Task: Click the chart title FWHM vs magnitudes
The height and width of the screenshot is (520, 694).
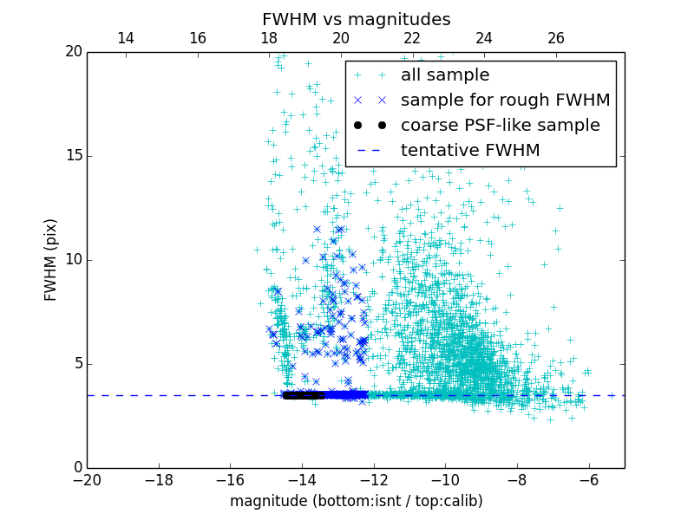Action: (x=356, y=19)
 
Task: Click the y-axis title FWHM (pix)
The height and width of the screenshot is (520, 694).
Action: (x=51, y=260)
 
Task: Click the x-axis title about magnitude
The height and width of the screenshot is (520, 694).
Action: (x=356, y=501)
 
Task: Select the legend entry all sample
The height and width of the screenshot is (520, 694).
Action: (x=445, y=75)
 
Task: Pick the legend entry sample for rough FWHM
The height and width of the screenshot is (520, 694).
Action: (x=505, y=101)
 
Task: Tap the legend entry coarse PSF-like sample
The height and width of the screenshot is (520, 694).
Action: (x=500, y=126)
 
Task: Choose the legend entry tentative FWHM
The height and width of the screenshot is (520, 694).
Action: (x=470, y=151)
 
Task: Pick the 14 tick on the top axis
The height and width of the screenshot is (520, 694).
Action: (x=126, y=38)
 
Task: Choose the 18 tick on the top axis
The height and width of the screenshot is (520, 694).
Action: (x=269, y=38)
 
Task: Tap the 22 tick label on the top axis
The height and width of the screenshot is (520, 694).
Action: (x=412, y=38)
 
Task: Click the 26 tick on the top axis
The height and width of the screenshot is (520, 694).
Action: (x=556, y=38)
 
